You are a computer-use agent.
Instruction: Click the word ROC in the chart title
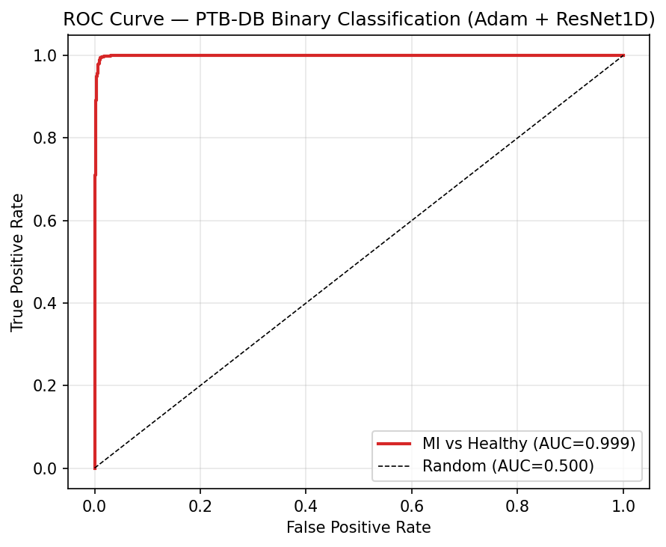(81, 19)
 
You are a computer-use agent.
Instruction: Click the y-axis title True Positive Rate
(18, 262)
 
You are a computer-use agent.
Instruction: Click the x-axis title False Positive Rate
(359, 528)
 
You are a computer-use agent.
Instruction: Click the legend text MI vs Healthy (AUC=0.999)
(528, 444)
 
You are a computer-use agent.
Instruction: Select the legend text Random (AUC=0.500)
(508, 466)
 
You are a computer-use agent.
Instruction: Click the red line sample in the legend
(396, 444)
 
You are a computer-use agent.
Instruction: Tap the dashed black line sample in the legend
(396, 466)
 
